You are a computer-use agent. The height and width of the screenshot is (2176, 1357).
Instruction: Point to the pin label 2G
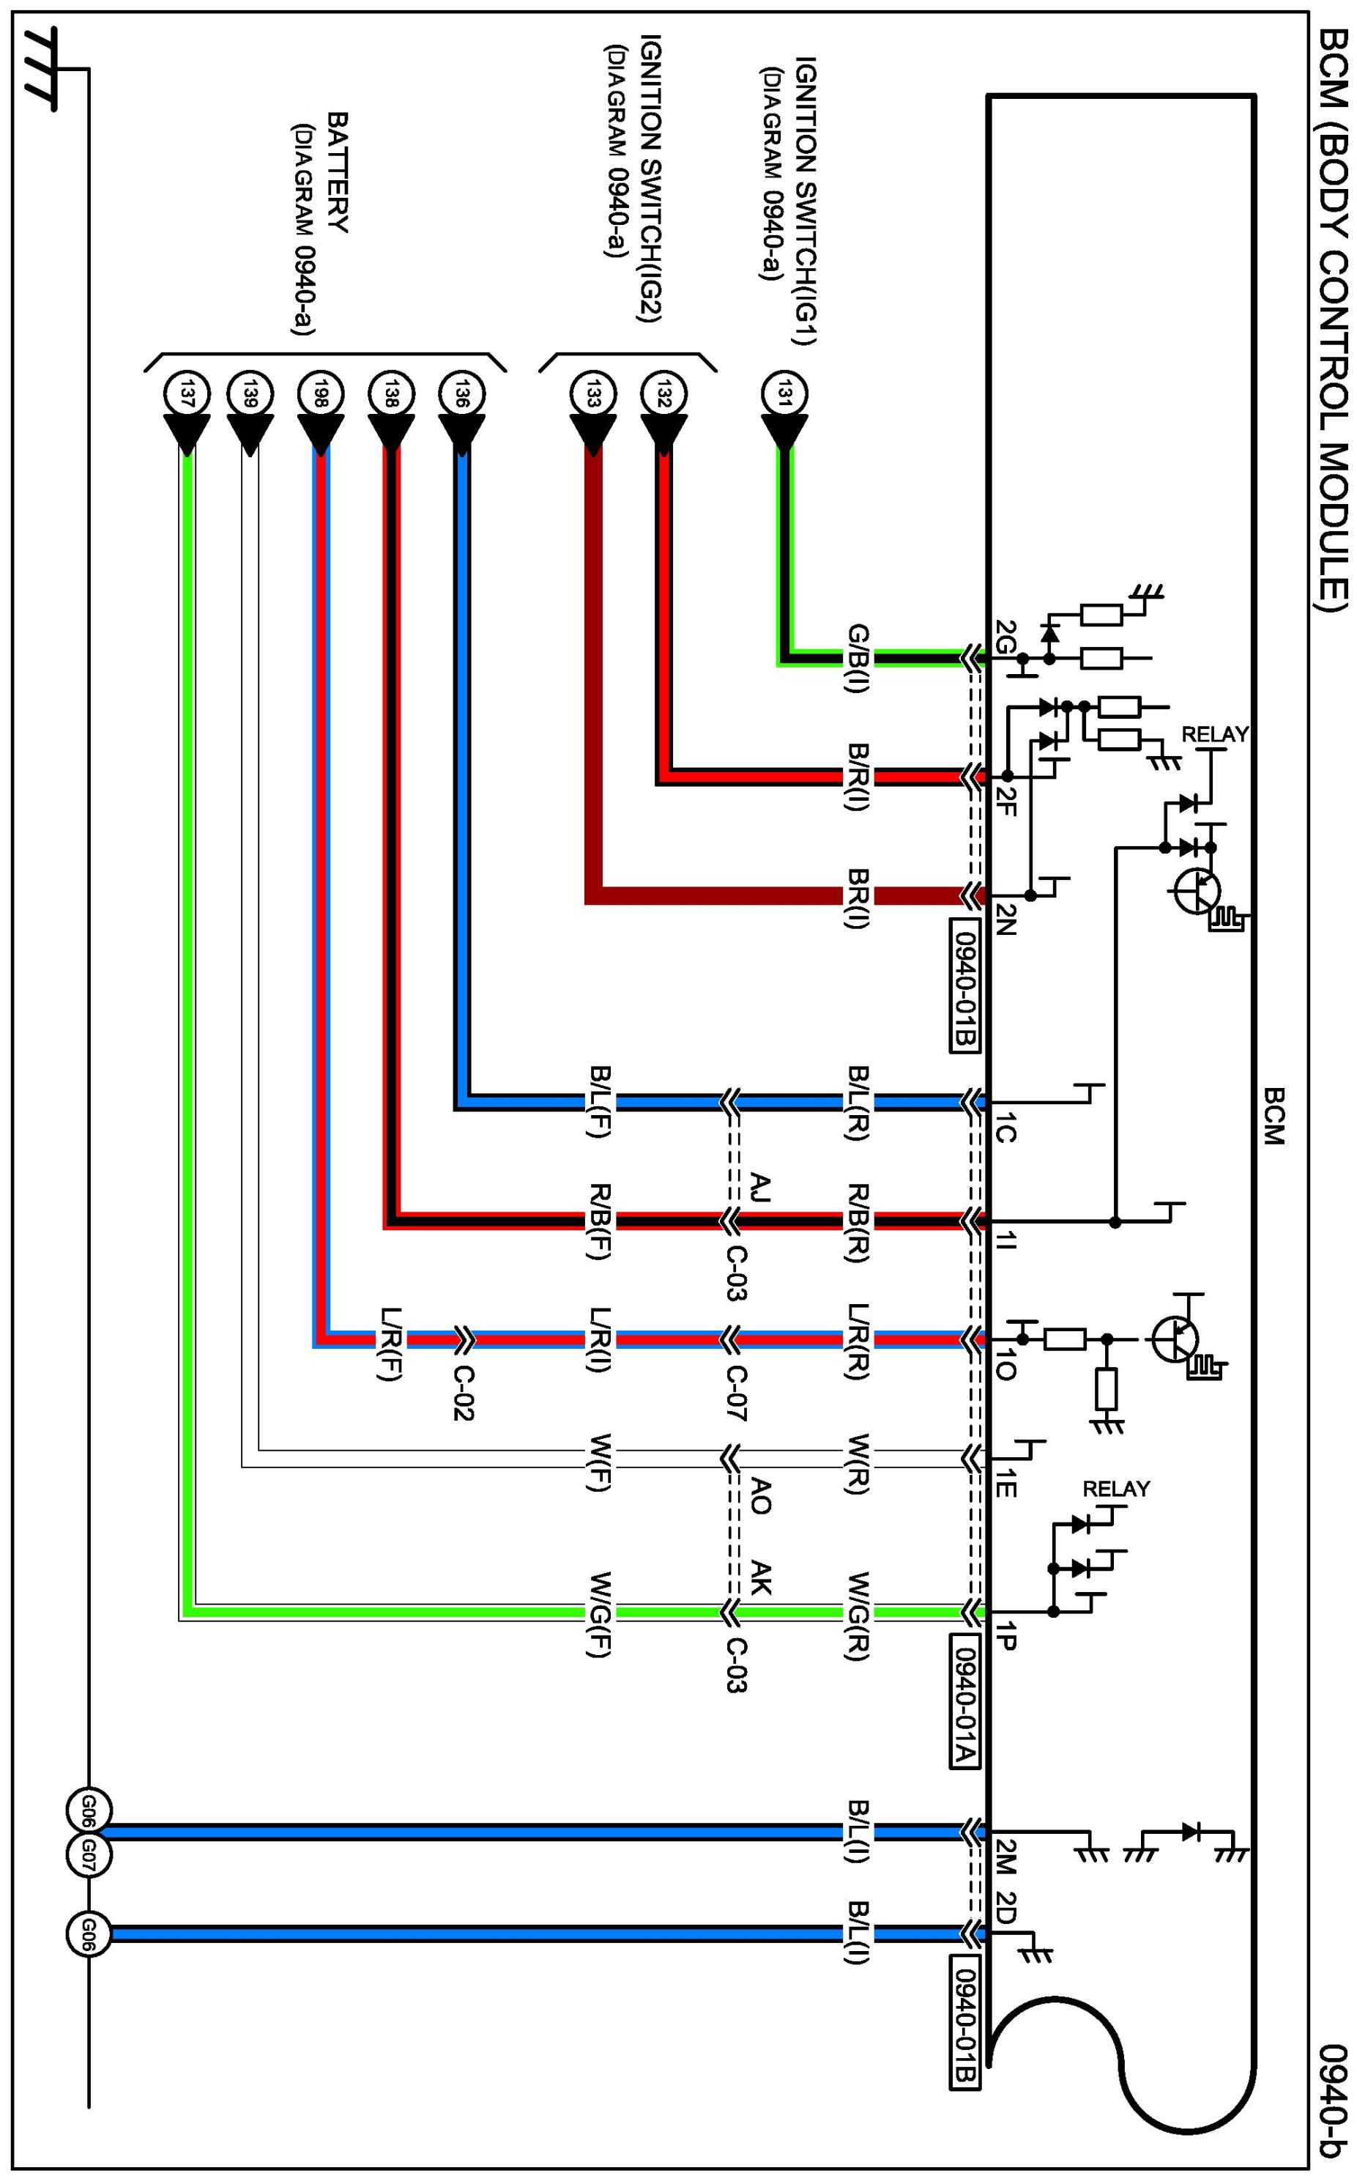coord(1005,634)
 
